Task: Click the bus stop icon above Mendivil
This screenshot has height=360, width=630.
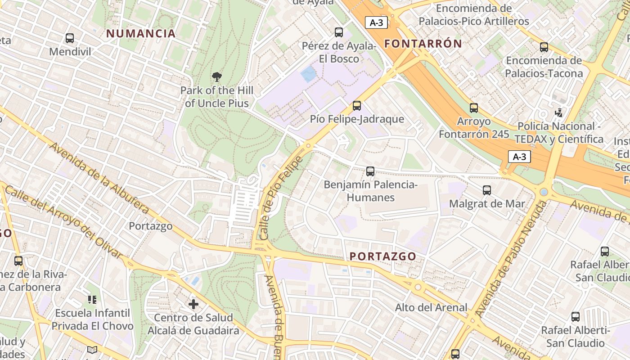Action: coord(69,38)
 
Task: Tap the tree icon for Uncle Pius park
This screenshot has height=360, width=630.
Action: coord(217,76)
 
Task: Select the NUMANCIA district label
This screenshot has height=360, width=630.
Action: coord(141,33)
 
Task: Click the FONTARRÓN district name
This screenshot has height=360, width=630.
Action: coord(423,44)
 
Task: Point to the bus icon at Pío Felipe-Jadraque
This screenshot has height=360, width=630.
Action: coord(357,106)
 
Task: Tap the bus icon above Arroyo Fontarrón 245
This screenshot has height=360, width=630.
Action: coord(474,108)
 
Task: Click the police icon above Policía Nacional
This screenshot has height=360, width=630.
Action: coord(558,112)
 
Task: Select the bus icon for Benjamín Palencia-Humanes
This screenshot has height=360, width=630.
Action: coord(370,171)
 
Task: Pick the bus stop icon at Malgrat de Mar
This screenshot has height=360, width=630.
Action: coord(487,190)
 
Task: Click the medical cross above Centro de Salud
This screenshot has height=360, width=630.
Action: coord(193,305)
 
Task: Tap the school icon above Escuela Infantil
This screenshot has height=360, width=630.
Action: coord(92,299)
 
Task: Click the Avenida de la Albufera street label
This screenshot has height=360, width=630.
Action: coord(99,178)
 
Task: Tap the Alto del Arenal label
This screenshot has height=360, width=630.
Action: coord(431,308)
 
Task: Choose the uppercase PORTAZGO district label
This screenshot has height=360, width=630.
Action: coord(383,256)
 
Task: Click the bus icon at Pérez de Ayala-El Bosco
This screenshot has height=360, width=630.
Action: coord(339,32)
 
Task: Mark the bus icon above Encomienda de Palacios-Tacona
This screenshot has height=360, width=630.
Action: coord(544,47)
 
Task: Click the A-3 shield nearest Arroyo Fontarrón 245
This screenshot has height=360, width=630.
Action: coord(519,157)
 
